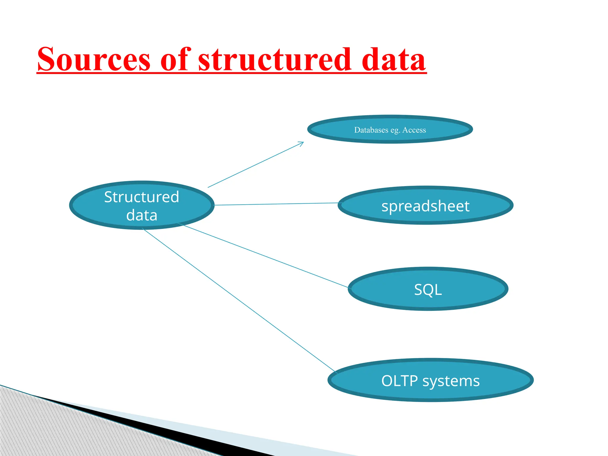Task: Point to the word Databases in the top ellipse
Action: [371, 130]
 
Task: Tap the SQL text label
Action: [428, 289]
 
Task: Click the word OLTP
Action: [399, 381]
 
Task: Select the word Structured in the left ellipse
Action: [142, 197]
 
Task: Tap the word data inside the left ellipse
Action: [142, 215]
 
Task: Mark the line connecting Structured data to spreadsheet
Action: [276, 204]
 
